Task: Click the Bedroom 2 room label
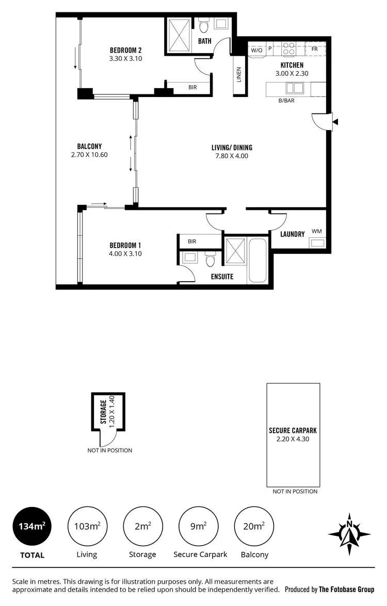(125, 50)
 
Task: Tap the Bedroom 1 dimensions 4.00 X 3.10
(125, 253)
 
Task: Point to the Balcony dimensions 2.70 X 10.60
(89, 154)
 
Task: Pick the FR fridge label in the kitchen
(315, 50)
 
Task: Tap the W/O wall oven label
(256, 50)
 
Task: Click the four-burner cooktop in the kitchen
(288, 49)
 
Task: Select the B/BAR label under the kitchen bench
(286, 101)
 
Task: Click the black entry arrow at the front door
(335, 122)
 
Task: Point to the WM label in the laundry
(316, 232)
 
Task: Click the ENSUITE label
(222, 276)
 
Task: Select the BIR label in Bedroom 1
(192, 241)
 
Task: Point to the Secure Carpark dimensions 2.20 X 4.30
(293, 439)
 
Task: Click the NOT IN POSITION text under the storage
(109, 450)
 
